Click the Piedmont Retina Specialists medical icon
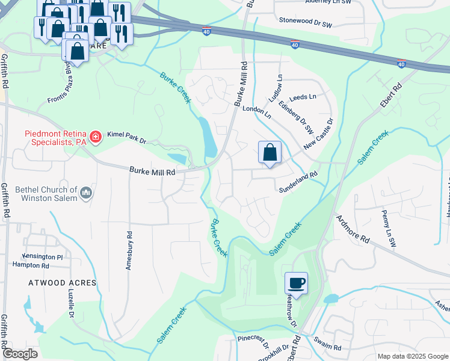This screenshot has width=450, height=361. (x=94, y=138)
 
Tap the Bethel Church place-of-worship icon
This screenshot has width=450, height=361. (x=86, y=193)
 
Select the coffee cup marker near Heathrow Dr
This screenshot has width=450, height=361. (x=296, y=283)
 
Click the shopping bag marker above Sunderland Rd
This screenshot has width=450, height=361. (x=270, y=152)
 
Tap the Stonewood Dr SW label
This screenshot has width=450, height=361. (x=306, y=20)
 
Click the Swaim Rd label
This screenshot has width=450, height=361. (x=327, y=348)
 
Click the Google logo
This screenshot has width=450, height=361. (x=20, y=354)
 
